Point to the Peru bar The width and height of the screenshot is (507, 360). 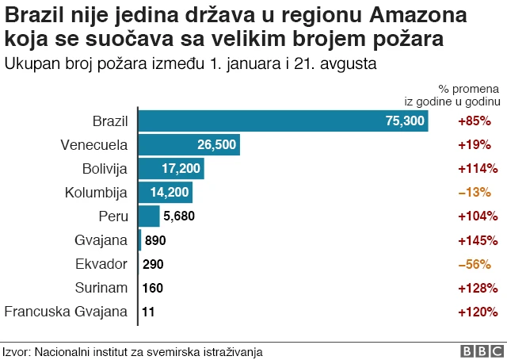(x=149, y=216)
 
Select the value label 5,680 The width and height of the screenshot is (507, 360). (x=178, y=216)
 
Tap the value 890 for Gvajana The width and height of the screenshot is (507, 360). (x=156, y=240)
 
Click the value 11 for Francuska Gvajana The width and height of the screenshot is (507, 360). (x=148, y=312)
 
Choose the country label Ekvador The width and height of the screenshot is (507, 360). (x=103, y=264)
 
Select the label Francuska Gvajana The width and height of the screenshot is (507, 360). (x=66, y=312)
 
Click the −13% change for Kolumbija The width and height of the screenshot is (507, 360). (x=475, y=193)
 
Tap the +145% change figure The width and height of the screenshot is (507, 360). (x=478, y=240)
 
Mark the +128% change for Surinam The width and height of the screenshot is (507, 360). (x=478, y=288)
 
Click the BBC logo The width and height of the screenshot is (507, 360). (x=478, y=350)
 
